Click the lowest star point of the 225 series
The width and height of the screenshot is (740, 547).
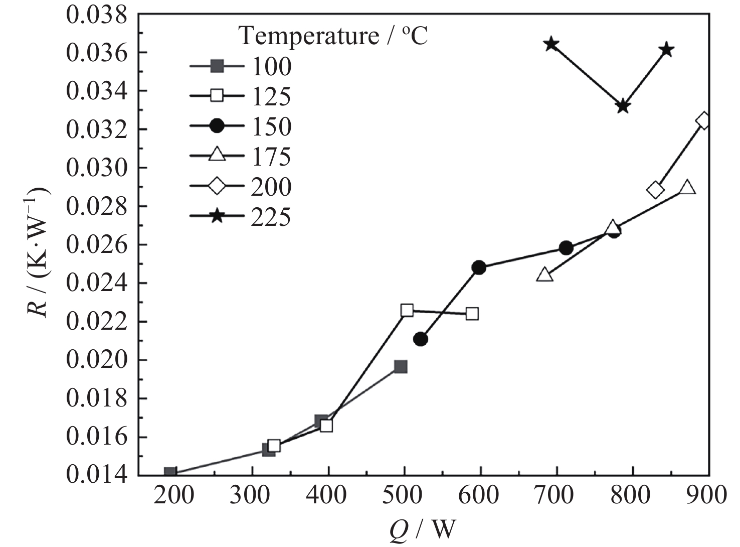click(623, 106)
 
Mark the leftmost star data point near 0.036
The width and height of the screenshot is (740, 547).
click(551, 44)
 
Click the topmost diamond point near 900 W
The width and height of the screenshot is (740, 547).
click(703, 121)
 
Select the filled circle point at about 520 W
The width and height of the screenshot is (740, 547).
click(421, 339)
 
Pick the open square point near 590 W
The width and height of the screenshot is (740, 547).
click(472, 314)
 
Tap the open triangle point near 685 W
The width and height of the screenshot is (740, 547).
click(544, 275)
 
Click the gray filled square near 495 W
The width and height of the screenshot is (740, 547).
click(401, 366)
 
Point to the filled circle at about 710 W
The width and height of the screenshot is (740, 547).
click(566, 248)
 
